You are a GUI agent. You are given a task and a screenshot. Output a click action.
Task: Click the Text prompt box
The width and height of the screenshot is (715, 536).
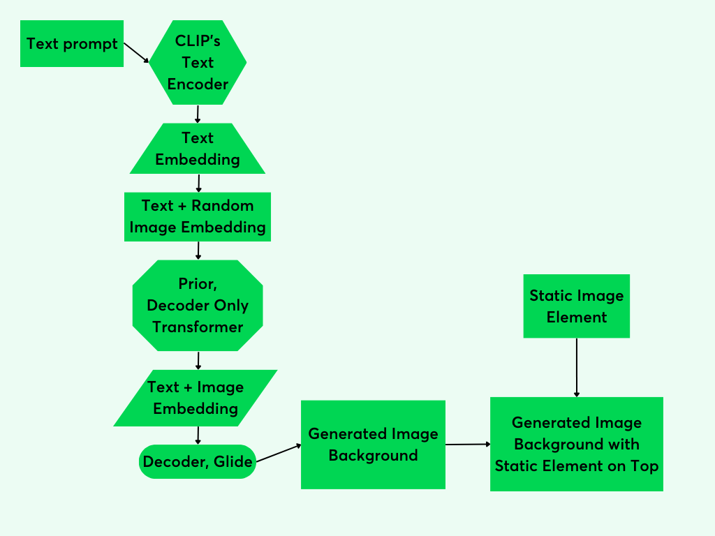(72, 43)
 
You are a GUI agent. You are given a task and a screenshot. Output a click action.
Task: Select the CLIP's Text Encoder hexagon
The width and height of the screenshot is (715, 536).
(198, 62)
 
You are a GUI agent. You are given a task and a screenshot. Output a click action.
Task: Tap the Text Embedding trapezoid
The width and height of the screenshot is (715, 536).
(198, 149)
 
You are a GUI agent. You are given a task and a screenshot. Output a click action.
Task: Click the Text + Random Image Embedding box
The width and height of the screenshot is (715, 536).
(198, 217)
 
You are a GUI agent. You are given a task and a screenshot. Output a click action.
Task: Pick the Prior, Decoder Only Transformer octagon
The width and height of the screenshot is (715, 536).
(198, 306)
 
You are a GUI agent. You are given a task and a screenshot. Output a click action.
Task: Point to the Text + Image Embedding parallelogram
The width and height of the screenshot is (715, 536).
(196, 398)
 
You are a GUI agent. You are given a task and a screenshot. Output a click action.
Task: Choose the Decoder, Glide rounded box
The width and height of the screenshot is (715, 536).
(198, 461)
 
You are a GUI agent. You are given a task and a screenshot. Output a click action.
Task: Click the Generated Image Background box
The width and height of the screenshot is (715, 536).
(373, 445)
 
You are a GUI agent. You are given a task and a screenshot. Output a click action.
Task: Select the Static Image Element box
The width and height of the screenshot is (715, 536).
(577, 306)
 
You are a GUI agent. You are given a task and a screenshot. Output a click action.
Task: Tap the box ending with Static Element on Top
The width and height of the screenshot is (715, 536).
(577, 444)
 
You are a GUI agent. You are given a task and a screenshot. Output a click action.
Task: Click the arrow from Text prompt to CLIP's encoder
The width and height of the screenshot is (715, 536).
(137, 53)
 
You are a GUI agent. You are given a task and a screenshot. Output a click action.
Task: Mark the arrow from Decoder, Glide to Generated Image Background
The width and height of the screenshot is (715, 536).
(279, 452)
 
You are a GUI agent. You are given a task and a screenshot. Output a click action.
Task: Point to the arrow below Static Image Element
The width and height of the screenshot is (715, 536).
(577, 367)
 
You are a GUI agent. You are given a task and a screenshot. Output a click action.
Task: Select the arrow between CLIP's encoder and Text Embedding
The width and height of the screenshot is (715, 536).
(198, 114)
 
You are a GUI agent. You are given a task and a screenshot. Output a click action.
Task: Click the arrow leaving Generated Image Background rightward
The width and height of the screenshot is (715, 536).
(468, 444)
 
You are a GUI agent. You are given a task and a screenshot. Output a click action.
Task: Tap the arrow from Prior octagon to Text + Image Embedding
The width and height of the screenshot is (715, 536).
(199, 360)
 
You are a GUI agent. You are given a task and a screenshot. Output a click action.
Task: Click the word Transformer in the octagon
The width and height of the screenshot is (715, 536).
(198, 327)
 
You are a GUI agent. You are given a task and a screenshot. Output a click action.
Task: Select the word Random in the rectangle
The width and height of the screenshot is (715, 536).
(223, 206)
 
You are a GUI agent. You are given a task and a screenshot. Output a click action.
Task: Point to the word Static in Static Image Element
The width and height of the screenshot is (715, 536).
(552, 296)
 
